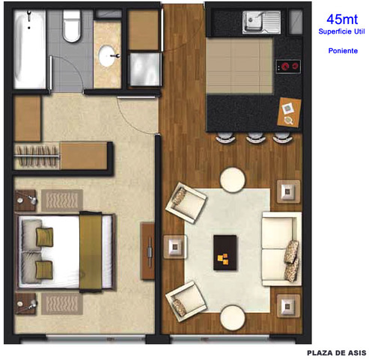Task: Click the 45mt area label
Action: (342, 19)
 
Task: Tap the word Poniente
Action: (343, 51)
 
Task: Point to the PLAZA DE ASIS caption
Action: (336, 353)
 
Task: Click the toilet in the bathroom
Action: (72, 25)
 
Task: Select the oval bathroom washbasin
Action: (107, 55)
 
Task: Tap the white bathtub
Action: (30, 49)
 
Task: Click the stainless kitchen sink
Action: (261, 22)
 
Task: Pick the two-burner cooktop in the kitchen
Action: (288, 67)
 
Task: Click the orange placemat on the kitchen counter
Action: (289, 112)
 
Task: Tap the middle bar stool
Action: (255, 138)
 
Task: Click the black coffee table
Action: (225, 252)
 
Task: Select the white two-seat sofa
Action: (282, 248)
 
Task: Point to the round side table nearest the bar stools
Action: (233, 180)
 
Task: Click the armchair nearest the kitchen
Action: (186, 202)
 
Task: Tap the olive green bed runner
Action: (91, 251)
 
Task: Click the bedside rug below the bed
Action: (62, 304)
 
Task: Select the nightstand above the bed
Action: (25, 201)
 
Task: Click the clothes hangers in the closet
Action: (37, 156)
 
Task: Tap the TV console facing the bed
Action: (147, 251)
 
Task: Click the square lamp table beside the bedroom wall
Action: (175, 247)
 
